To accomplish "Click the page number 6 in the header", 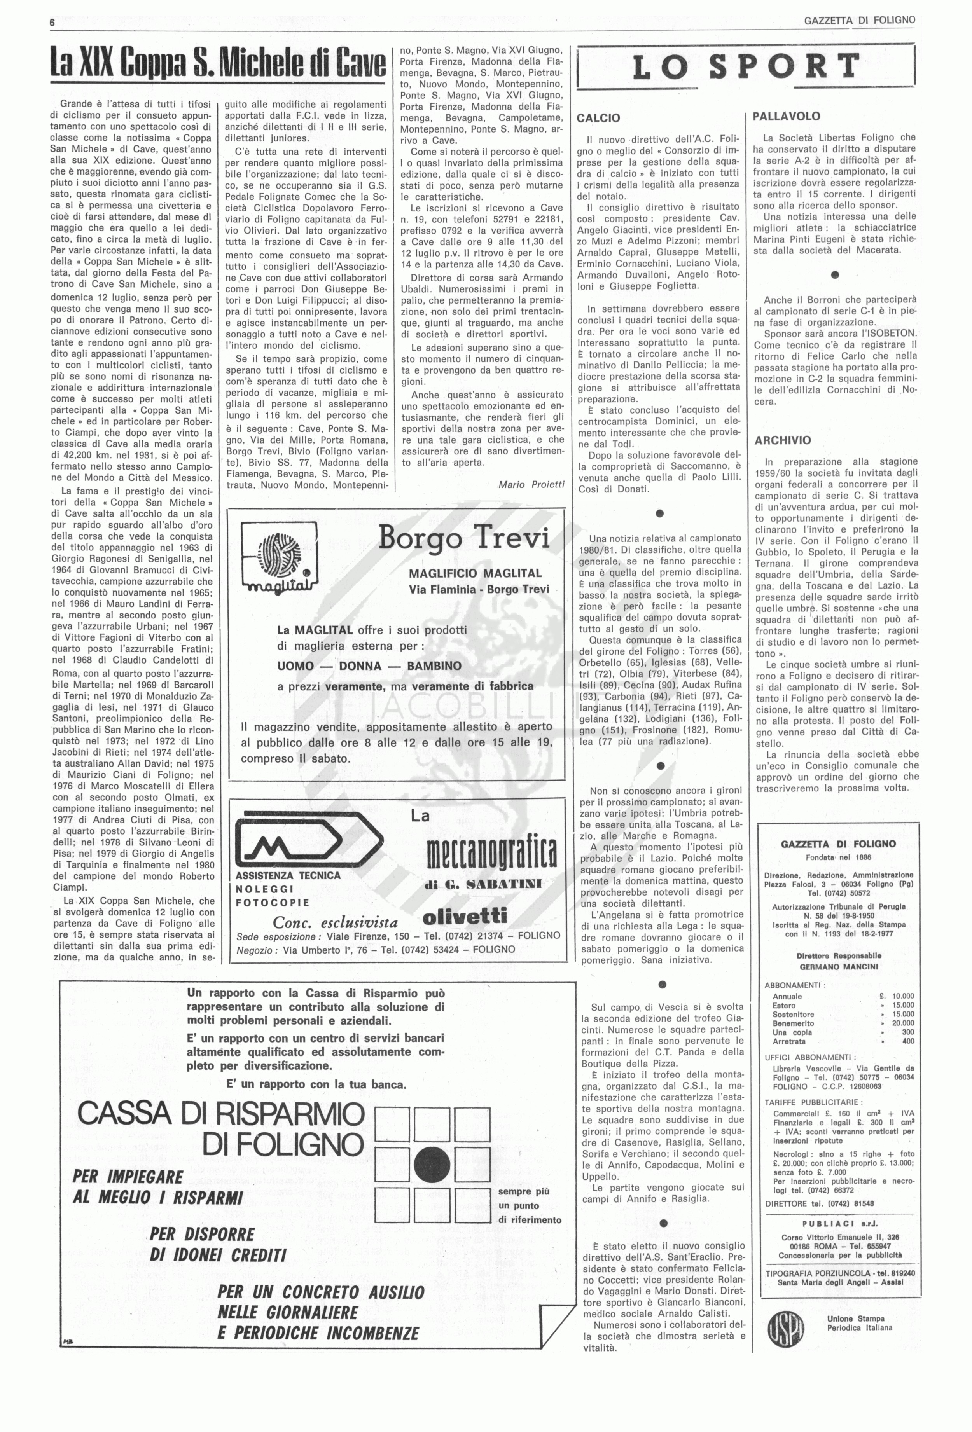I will pyautogui.click(x=53, y=21).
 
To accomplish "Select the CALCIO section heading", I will pyautogui.click(x=598, y=118).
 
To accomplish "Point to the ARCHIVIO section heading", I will pyautogui.click(x=782, y=440).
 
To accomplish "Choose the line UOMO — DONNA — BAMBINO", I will pyautogui.click(x=369, y=666).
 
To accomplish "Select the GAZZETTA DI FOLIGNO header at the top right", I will pyautogui.click(x=859, y=20).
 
